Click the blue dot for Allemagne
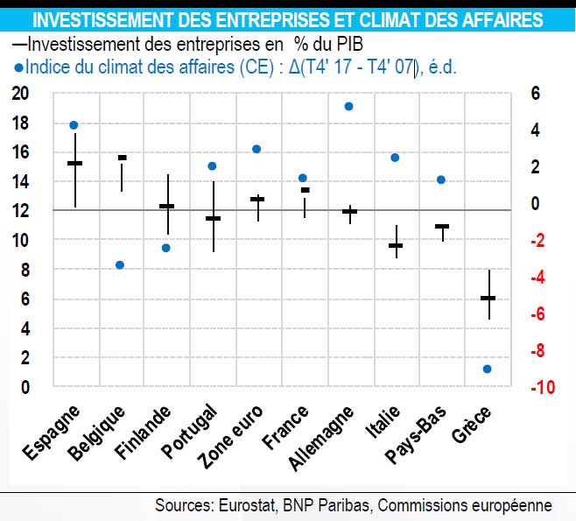point(348,107)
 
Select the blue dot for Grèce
point(488,369)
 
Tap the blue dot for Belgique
point(120,265)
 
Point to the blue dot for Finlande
point(166,248)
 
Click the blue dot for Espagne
point(74,125)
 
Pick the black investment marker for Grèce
point(488,299)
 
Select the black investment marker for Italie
point(395,245)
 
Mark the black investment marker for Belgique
point(122,158)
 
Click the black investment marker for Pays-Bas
point(442,226)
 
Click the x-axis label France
point(288,426)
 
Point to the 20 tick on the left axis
point(19,94)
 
